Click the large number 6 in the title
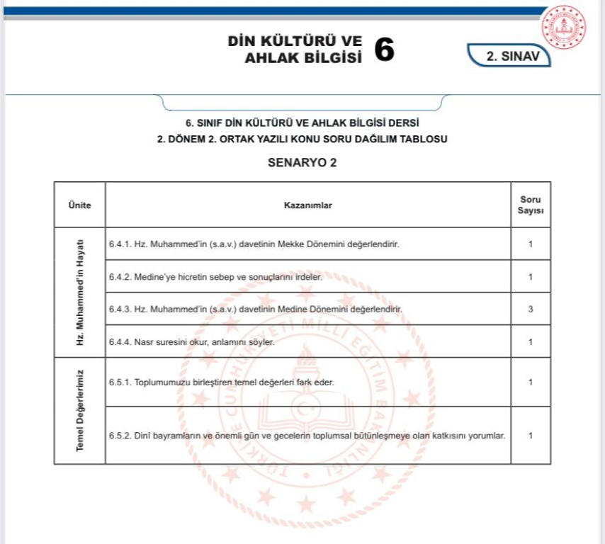(x=383, y=49)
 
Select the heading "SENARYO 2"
(x=302, y=162)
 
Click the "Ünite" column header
(x=79, y=205)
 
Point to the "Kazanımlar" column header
(x=307, y=205)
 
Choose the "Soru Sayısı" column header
(x=531, y=205)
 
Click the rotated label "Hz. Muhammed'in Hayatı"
(x=79, y=292)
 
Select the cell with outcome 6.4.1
(x=254, y=244)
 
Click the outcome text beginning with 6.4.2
(x=215, y=277)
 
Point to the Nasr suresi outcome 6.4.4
(x=191, y=342)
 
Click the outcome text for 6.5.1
(x=221, y=382)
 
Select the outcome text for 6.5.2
(x=307, y=436)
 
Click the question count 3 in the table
(x=531, y=310)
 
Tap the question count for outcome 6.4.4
(x=531, y=342)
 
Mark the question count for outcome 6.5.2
(x=531, y=436)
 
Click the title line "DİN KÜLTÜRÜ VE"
(x=295, y=40)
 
